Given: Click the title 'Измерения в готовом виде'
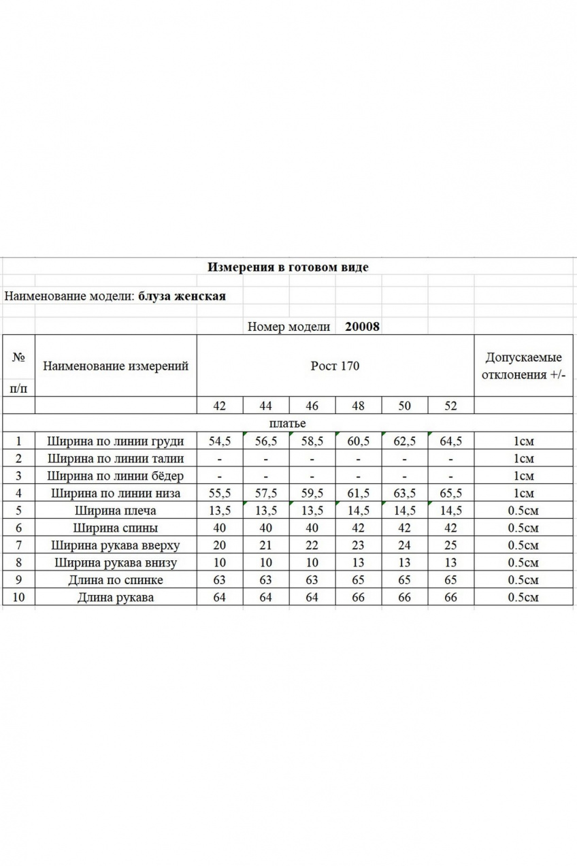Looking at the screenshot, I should coord(288,267).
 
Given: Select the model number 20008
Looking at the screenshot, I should coord(363,326).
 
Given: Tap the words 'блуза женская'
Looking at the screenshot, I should coord(182,296).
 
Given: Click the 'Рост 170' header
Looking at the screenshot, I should coord(335,366).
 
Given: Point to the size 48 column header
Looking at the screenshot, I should coord(358,406).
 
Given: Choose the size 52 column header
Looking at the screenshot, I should coord(450,406).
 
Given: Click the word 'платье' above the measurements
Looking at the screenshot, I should coord(288,423).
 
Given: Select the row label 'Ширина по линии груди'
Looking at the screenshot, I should coord(116,441).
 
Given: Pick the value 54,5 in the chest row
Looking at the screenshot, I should coord(220,441).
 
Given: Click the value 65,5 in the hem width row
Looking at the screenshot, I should coord(450,493).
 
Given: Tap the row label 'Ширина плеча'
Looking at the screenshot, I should coord(116,511).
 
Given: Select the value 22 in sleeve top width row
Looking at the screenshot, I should coord(312,545).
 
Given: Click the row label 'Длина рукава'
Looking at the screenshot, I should coord(116,598).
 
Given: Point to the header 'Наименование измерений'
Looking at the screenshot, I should coord(116,366).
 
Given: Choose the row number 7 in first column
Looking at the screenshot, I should coord(19,545).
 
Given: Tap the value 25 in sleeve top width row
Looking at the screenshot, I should coord(450,545).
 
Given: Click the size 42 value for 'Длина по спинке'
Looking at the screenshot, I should coord(220,580).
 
